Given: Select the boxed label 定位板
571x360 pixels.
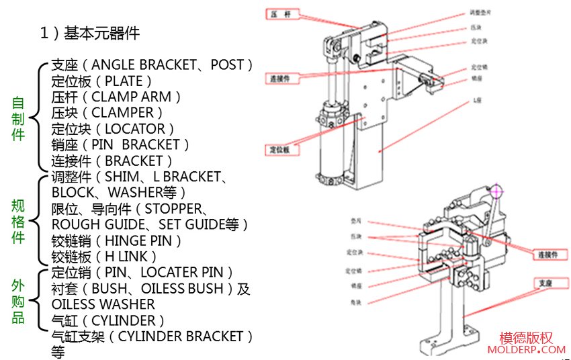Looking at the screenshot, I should pos(283,149).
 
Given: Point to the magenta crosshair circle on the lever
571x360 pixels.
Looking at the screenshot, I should pos(496,189).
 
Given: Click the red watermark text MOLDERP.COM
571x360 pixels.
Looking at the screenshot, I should pos(527,350).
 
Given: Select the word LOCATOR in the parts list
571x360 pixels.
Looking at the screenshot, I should pos(136,128).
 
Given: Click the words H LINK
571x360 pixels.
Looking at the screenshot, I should pos(127,257).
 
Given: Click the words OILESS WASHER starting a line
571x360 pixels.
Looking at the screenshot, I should pos(103,304).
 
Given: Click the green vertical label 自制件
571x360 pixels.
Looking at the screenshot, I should pos(18,119).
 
